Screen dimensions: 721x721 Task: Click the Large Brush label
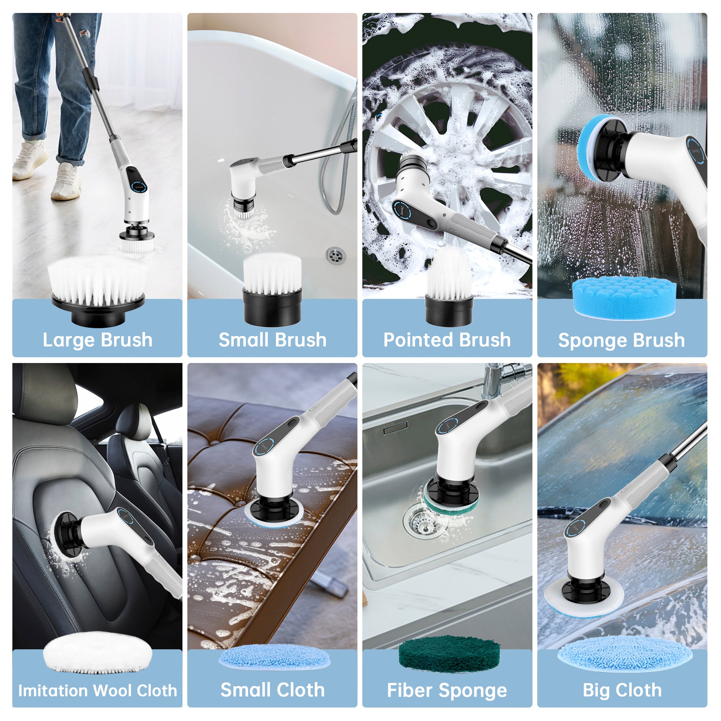tap(97, 340)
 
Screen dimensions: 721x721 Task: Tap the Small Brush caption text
tap(273, 340)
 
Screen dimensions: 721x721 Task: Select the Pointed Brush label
tap(447, 340)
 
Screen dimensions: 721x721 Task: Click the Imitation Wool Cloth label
tap(97, 690)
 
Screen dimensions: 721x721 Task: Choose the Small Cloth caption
tap(273, 690)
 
